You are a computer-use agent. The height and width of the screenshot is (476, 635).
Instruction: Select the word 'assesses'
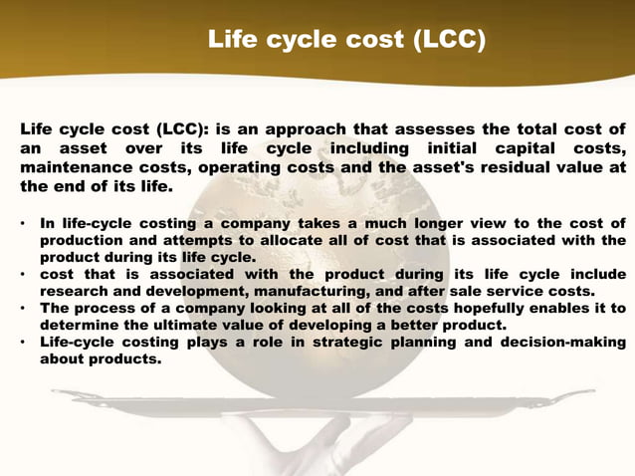coord(447,129)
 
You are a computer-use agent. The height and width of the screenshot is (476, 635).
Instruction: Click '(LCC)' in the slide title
coord(440,41)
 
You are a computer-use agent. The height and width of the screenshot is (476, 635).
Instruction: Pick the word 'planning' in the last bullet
coord(430,344)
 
